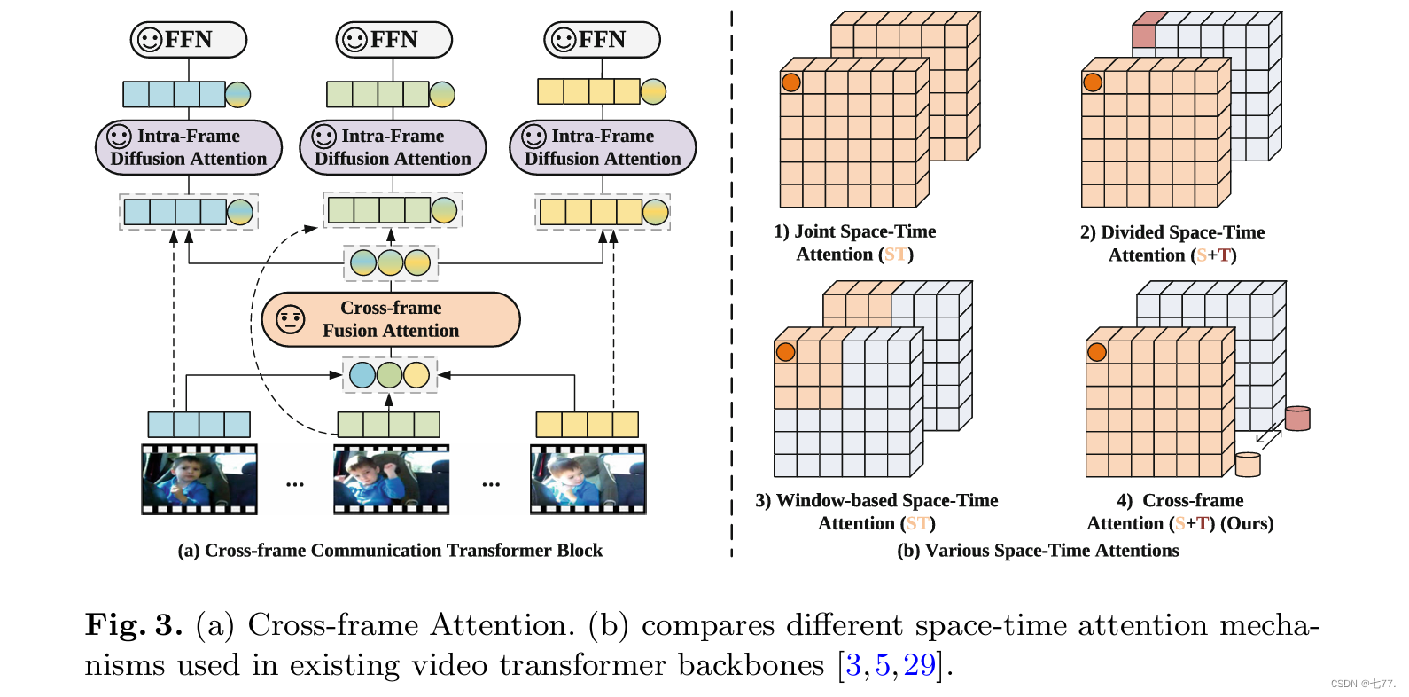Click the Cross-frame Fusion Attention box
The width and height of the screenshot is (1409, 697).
click(391, 319)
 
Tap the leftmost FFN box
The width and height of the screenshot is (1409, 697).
click(189, 40)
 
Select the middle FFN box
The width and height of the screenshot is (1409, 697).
click(393, 40)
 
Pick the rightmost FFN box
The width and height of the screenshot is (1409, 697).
click(602, 40)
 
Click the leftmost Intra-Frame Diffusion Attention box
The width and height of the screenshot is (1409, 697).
click(189, 147)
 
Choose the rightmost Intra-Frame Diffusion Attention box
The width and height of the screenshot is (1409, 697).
click(603, 147)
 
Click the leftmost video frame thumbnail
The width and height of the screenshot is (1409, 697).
click(199, 480)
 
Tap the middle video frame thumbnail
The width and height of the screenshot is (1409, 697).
click(392, 480)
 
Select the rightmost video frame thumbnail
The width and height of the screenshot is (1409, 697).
click(588, 480)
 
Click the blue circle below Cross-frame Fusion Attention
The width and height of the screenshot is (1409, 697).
click(362, 375)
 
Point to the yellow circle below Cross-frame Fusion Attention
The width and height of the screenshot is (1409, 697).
click(416, 375)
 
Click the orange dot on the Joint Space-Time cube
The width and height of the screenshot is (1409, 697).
click(790, 82)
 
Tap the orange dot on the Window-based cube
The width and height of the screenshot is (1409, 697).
click(786, 352)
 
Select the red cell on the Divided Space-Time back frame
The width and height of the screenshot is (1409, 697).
click(1144, 35)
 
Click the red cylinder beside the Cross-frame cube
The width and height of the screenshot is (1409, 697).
click(1297, 419)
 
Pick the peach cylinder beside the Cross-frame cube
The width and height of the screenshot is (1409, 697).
click(1248, 465)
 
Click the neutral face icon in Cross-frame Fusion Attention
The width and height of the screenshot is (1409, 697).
click(291, 320)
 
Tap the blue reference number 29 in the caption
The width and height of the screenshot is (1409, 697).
click(920, 665)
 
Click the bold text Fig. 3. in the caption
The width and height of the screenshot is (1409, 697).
click(134, 625)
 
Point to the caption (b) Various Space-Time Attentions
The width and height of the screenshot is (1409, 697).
click(1038, 551)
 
